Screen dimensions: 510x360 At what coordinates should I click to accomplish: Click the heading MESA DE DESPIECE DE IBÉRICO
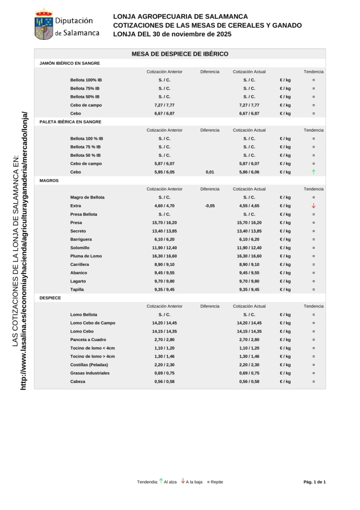pyautogui.click(x=180, y=54)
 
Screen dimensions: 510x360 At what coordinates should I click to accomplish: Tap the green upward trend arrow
pyautogui.click(x=314, y=172)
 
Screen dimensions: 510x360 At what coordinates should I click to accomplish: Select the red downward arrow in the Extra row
pyautogui.click(x=314, y=206)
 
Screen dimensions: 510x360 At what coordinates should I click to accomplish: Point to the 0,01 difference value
pyautogui.click(x=210, y=172)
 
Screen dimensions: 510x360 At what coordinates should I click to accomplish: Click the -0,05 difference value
pyautogui.click(x=210, y=206)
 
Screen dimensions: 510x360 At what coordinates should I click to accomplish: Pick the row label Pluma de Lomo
pyautogui.click(x=86, y=256)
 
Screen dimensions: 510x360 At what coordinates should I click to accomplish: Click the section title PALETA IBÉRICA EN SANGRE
pyautogui.click(x=70, y=122)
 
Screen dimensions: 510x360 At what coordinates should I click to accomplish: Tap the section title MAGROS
pyautogui.click(x=49, y=181)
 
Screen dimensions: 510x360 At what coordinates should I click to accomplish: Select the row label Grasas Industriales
pyautogui.click(x=90, y=373)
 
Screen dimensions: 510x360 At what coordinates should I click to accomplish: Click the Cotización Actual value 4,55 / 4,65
pyautogui.click(x=249, y=206)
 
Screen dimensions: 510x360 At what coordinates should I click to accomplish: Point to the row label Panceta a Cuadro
pyautogui.click(x=88, y=340)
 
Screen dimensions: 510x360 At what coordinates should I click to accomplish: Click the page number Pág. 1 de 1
pyautogui.click(x=315, y=482)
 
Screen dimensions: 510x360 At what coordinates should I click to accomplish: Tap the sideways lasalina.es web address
pyautogui.click(x=24, y=250)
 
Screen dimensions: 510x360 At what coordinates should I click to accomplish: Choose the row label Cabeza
pyautogui.click(x=78, y=382)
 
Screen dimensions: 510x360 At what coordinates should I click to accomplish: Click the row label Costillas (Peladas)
pyautogui.click(x=89, y=365)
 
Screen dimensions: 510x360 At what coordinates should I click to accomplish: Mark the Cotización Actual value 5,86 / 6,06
pyautogui.click(x=249, y=172)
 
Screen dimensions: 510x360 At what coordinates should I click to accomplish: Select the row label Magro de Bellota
pyautogui.click(x=87, y=198)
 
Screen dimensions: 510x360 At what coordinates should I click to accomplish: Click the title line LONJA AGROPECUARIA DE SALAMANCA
pyautogui.click(x=180, y=17)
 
